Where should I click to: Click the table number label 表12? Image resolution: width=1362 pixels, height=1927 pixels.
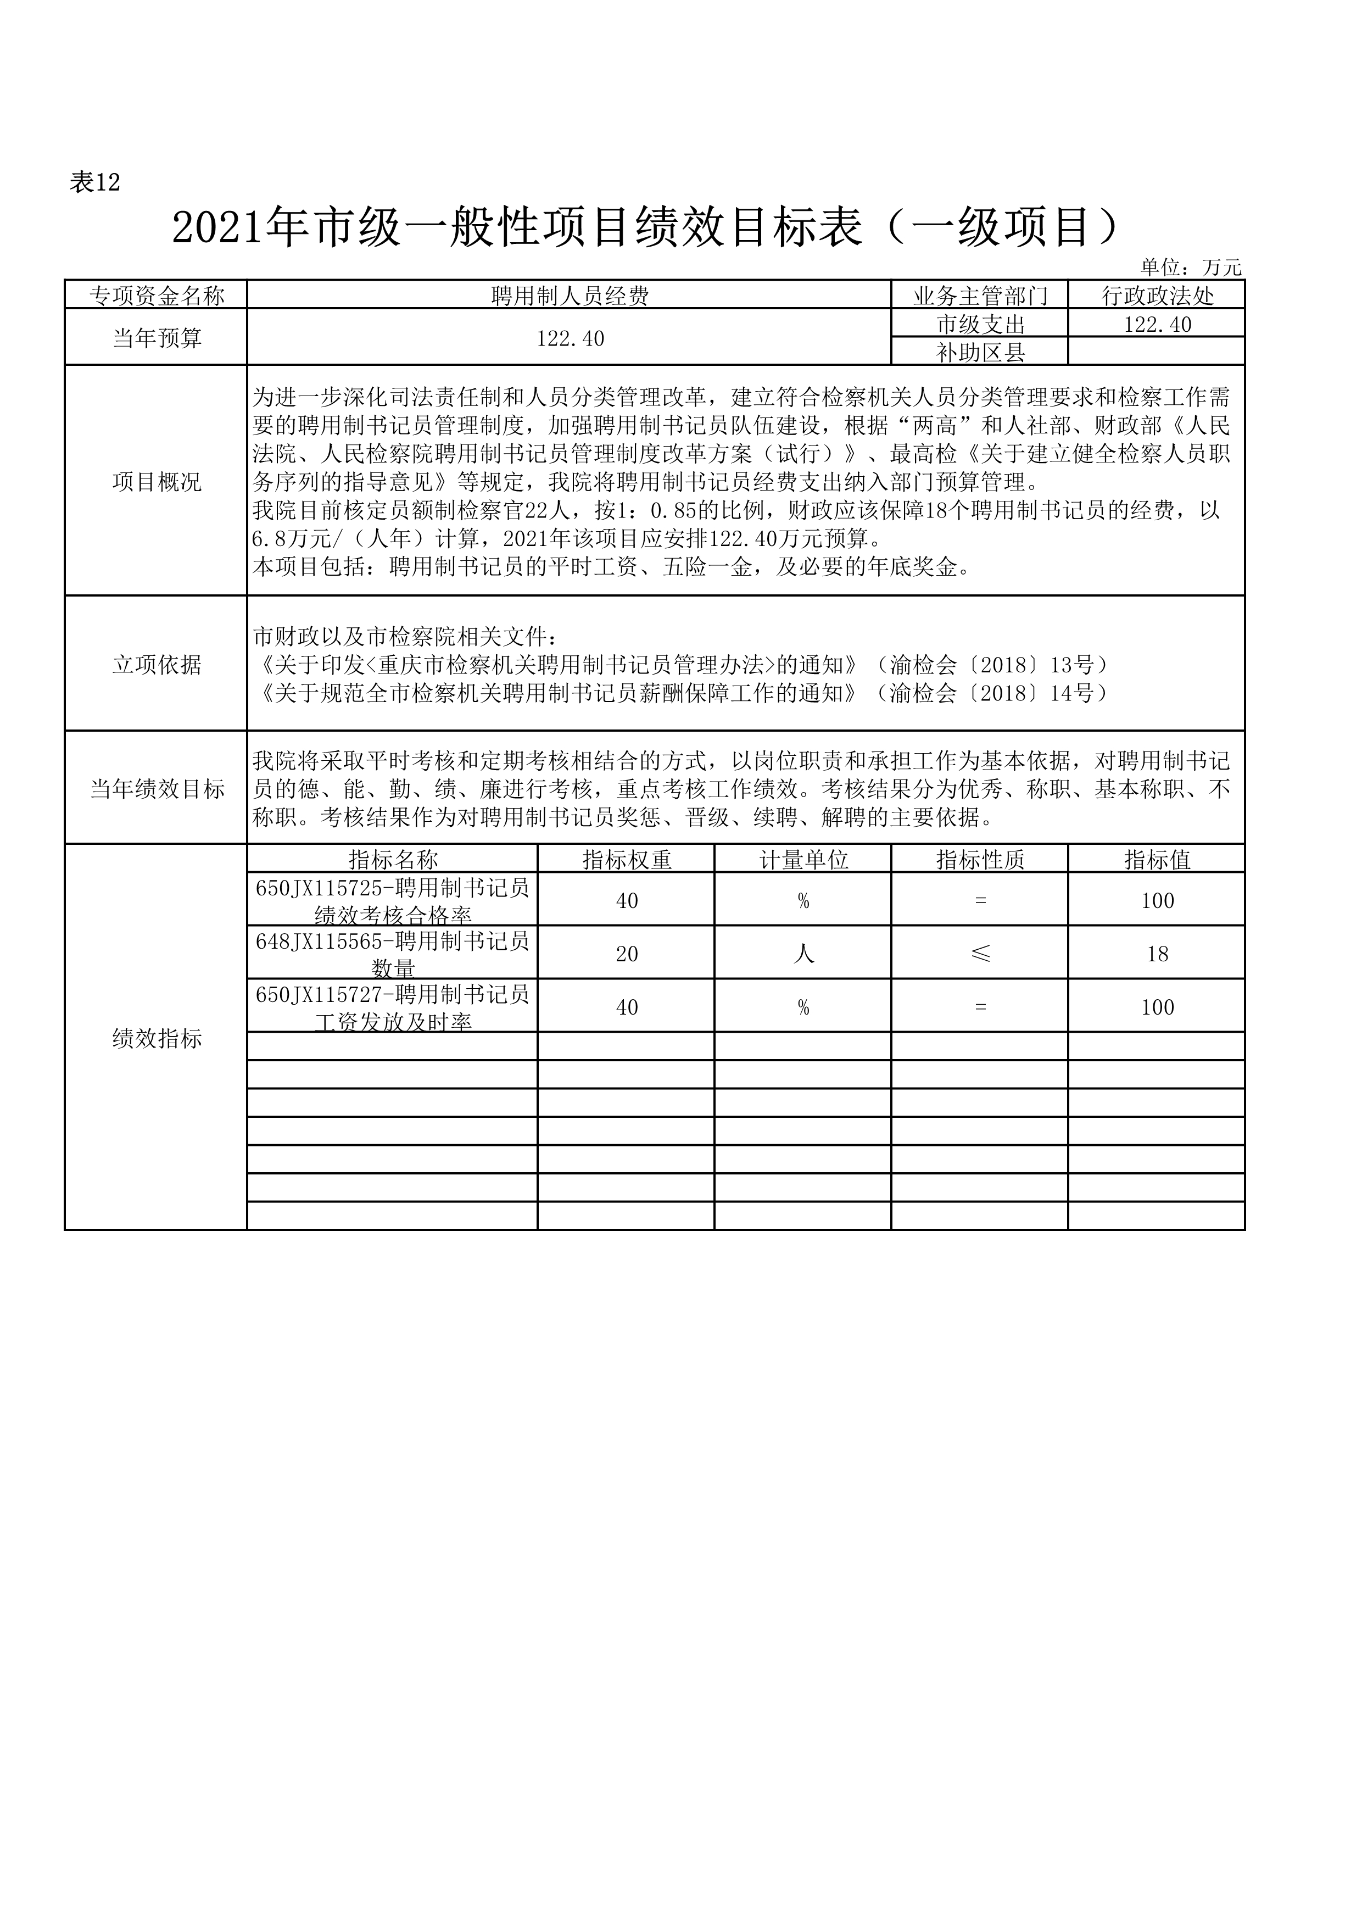coord(95,182)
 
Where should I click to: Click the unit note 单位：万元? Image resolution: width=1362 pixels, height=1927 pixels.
coord(1190,268)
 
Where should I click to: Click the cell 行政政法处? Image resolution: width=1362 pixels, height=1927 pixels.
coord(1157,296)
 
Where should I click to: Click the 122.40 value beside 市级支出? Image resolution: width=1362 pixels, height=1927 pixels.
coord(1157,324)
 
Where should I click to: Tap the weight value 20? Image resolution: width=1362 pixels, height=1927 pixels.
coord(626,954)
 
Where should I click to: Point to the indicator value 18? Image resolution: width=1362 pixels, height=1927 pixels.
coord(1157,954)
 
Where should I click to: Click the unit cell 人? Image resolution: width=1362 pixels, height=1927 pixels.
coord(803,954)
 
